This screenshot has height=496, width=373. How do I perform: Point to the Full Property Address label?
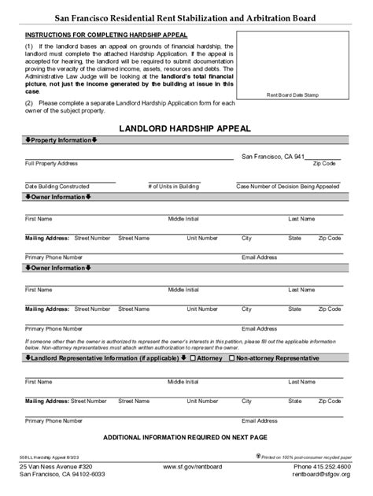tap(51, 164)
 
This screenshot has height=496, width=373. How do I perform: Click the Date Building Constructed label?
tap(57, 186)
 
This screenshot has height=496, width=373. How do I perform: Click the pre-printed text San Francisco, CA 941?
tap(272, 157)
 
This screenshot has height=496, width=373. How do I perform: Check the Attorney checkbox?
tap(193, 358)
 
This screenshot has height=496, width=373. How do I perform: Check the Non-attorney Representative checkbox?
tap(231, 358)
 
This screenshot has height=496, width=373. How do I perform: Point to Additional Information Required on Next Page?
tap(186, 436)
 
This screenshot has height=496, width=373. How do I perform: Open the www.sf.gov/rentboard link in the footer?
tap(186, 467)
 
